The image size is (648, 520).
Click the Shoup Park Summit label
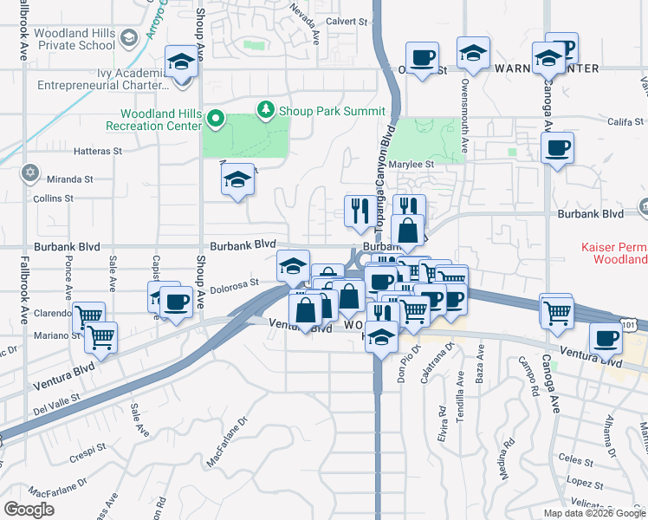tap(331, 111)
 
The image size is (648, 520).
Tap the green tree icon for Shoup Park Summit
tap(266, 109)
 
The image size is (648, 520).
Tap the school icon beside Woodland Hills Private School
tap(129, 37)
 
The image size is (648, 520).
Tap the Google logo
tap(29, 510)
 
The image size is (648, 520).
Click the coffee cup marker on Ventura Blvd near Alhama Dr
tap(606, 339)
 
